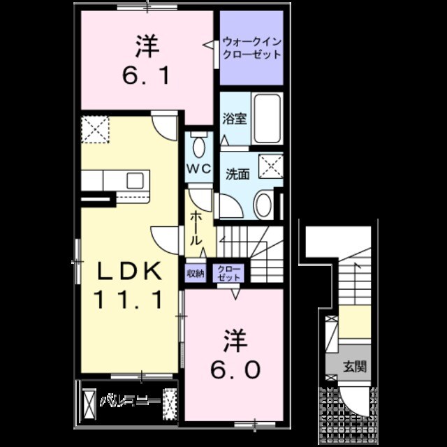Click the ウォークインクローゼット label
pyautogui.click(x=251, y=47)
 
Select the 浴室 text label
pyautogui.click(x=233, y=118)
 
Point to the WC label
pyautogui.click(x=198, y=168)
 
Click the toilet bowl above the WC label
pyautogui.click(x=199, y=147)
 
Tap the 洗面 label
pyautogui.click(x=237, y=174)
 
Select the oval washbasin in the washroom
pyautogui.click(x=263, y=205)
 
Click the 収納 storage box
pyautogui.click(x=196, y=274)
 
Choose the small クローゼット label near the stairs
pyautogui.click(x=228, y=273)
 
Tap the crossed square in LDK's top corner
pyautogui.click(x=95, y=129)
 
